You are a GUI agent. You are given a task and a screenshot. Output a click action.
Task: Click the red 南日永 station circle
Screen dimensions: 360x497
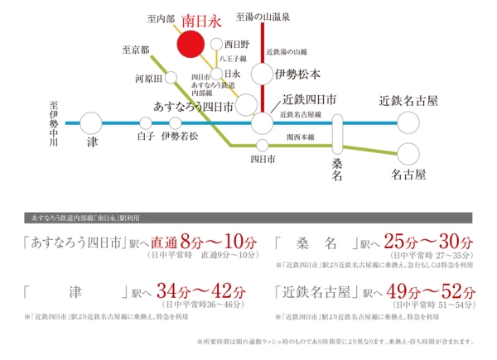click(x=192, y=46)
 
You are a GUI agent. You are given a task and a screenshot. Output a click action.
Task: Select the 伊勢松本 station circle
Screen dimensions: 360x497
click(x=263, y=75)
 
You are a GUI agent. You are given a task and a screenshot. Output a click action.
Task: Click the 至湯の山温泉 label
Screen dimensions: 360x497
click(x=262, y=16)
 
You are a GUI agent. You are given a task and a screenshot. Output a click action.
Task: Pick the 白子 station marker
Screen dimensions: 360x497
click(x=146, y=122)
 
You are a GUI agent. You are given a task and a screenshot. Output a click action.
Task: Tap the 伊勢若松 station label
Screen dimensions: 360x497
click(x=182, y=136)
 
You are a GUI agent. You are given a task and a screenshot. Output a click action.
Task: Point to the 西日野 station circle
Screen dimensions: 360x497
click(x=215, y=45)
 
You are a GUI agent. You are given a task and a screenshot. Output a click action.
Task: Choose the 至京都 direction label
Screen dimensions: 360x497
click(x=134, y=50)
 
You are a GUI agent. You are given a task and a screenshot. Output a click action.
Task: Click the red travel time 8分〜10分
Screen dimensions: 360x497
click(x=214, y=242)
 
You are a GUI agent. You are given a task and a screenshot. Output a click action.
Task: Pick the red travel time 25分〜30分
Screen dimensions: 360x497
click(x=439, y=242)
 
